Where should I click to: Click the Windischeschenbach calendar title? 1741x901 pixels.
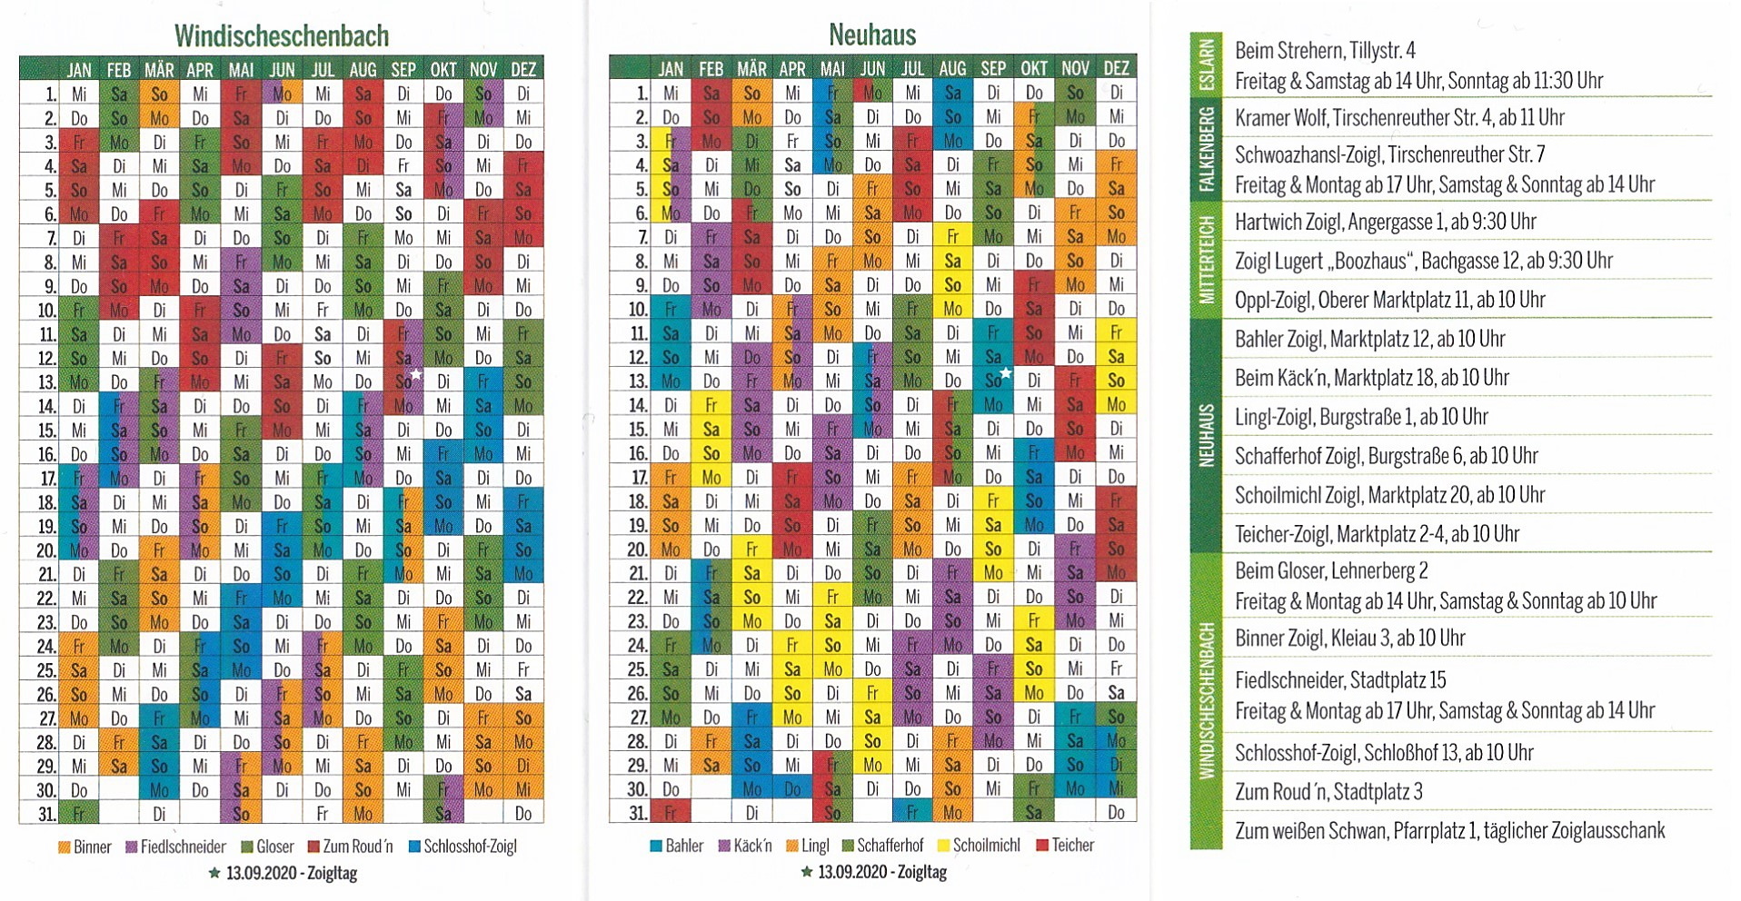point(282,35)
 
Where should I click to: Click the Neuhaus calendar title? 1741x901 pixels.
point(871,35)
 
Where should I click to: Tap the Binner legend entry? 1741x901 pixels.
point(85,847)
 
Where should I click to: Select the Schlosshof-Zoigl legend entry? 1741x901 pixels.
point(463,847)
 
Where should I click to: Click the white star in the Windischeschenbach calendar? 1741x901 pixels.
point(416,374)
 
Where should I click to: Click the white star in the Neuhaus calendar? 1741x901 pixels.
point(1006,373)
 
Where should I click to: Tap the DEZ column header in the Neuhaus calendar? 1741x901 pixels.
point(1116,68)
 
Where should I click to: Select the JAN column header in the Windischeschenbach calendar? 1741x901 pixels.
point(79,70)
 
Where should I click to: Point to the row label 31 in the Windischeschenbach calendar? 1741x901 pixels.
point(46,814)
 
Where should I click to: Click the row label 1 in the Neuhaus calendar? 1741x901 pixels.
point(642,93)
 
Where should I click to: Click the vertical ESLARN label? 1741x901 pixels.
point(1206,66)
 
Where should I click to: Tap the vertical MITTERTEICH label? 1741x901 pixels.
point(1206,260)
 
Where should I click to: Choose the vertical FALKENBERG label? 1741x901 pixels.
point(1206,150)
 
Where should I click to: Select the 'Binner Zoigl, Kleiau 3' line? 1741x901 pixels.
point(1349,638)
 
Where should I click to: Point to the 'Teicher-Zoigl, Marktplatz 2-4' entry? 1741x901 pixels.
point(1377,534)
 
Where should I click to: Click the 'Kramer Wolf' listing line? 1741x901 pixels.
point(1399,117)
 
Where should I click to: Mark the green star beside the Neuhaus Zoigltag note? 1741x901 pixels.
point(806,872)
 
